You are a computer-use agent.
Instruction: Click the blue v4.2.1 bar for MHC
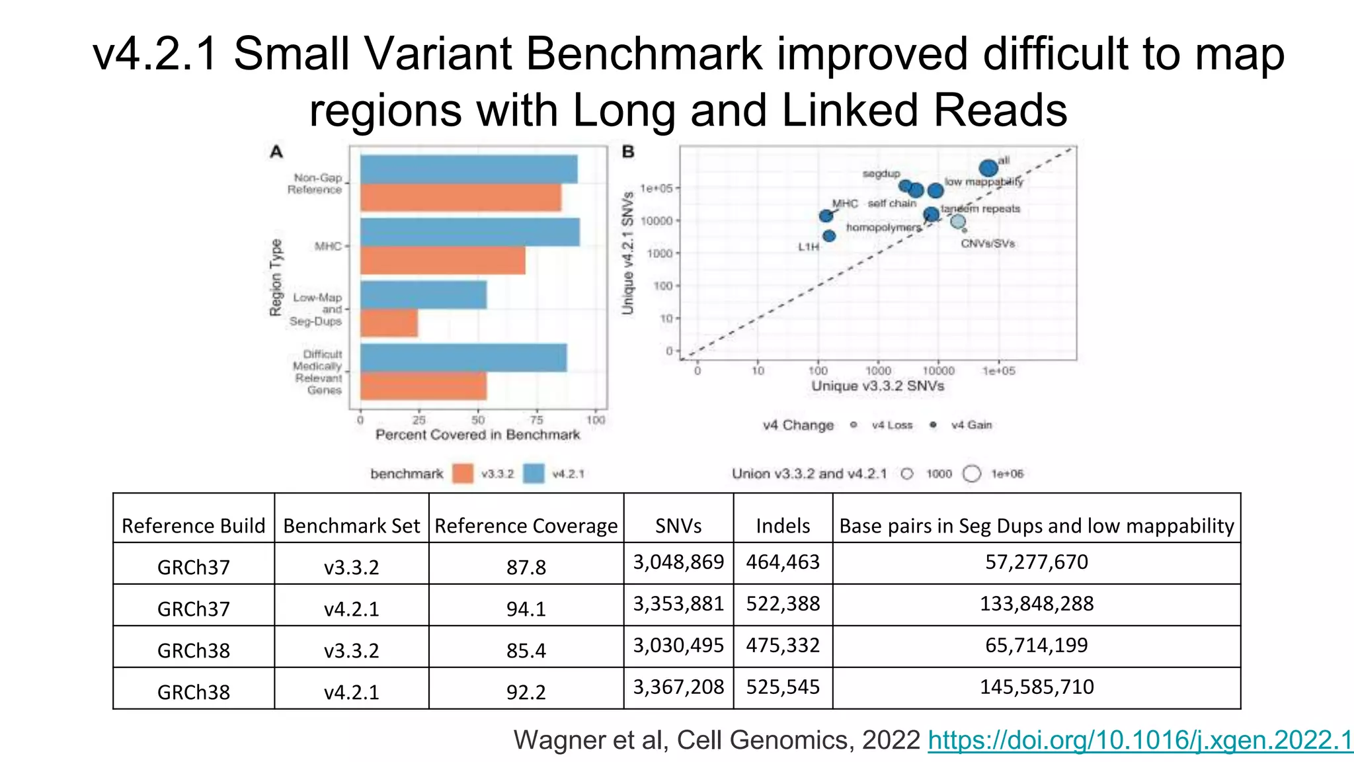point(469,232)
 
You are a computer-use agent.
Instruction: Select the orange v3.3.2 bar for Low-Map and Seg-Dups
point(389,323)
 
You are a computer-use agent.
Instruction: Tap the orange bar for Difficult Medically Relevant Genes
point(423,386)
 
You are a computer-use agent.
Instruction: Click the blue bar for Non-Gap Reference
point(468,169)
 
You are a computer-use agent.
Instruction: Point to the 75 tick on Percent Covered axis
point(537,420)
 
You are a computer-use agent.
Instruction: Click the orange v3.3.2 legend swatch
point(463,474)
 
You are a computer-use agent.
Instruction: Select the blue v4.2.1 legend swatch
point(534,474)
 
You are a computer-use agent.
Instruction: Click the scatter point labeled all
point(988,168)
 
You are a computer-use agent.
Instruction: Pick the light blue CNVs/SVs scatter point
point(958,222)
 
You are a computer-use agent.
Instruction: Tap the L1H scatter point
point(829,236)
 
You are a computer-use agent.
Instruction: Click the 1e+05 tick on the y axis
point(656,189)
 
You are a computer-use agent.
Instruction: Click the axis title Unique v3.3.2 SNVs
point(877,386)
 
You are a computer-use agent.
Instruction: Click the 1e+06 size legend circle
point(972,474)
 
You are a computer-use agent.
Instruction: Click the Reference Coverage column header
point(526,526)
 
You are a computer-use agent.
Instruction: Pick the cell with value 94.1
point(526,609)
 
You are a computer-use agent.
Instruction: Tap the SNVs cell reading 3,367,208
point(678,687)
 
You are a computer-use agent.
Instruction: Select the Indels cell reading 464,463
point(783,562)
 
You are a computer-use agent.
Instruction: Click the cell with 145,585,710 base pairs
point(1036,687)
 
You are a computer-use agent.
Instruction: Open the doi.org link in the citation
point(1140,740)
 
